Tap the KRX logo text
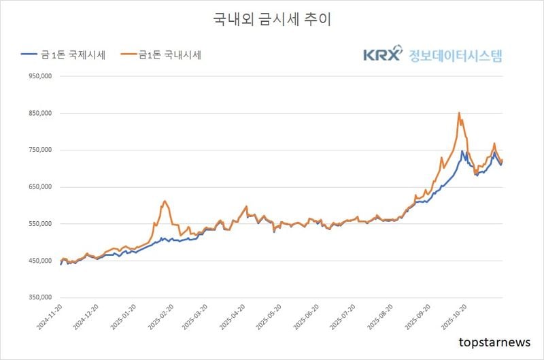coord(382,55)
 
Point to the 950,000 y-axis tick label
coord(39,77)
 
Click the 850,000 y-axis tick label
coord(39,114)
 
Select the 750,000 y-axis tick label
coord(39,150)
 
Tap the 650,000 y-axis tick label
coord(39,187)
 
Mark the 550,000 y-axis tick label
coord(39,224)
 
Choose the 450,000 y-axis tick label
coord(39,261)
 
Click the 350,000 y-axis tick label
coord(39,297)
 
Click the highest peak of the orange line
coord(459,113)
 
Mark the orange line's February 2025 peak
coord(165,201)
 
